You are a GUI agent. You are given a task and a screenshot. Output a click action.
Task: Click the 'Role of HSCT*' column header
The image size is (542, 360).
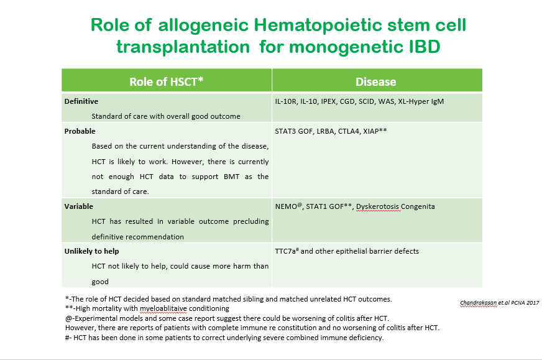(x=166, y=81)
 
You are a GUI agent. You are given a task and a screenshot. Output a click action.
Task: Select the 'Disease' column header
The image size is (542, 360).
(x=376, y=81)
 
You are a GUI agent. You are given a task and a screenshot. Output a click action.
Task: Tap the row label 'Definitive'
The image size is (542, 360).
(x=81, y=101)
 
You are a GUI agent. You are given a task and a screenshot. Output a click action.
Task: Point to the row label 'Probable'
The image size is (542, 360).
(x=80, y=131)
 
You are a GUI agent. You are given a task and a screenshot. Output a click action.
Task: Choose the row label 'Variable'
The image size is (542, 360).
(x=79, y=206)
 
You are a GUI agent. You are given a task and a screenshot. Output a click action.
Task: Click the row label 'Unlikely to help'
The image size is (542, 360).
(x=91, y=251)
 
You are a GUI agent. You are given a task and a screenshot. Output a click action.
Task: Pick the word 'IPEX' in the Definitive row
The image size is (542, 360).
(x=328, y=101)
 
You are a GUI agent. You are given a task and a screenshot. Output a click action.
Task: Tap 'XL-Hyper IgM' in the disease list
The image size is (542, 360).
(x=421, y=101)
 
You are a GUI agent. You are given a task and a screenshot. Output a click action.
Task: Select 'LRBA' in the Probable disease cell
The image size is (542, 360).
(x=325, y=131)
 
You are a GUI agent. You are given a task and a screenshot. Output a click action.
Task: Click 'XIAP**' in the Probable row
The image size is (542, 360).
(x=375, y=131)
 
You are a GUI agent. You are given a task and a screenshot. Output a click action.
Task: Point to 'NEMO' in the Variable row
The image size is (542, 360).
(x=286, y=206)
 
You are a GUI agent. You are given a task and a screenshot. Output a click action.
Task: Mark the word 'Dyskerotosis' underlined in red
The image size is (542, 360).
(x=378, y=206)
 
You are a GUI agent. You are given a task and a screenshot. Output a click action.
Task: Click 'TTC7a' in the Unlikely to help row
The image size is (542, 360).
(x=285, y=251)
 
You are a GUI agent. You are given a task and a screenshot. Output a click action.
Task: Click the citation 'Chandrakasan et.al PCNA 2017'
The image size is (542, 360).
(x=500, y=303)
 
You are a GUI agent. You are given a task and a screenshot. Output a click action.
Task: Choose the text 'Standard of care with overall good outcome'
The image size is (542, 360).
(x=166, y=116)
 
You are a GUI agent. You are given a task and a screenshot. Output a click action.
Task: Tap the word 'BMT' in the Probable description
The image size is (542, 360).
(x=232, y=177)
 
